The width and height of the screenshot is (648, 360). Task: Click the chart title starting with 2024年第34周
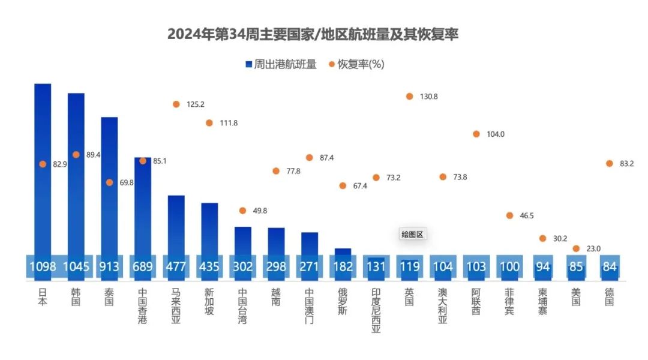tap(313, 34)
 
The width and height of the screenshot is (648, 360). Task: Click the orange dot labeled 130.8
tap(409, 96)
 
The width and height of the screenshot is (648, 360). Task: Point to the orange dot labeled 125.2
tap(176, 104)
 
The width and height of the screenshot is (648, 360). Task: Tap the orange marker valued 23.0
tap(576, 248)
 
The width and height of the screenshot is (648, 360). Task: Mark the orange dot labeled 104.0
tap(476, 134)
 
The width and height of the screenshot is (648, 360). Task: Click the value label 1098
tap(43, 266)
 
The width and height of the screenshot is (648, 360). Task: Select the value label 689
tap(143, 266)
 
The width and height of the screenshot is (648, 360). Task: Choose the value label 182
tap(343, 266)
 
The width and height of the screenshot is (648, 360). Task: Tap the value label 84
tap(609, 266)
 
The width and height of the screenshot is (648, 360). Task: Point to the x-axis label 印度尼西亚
tap(376, 310)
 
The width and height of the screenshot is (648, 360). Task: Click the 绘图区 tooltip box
tap(412, 235)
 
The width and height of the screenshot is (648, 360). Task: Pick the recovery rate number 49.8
tap(260, 211)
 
